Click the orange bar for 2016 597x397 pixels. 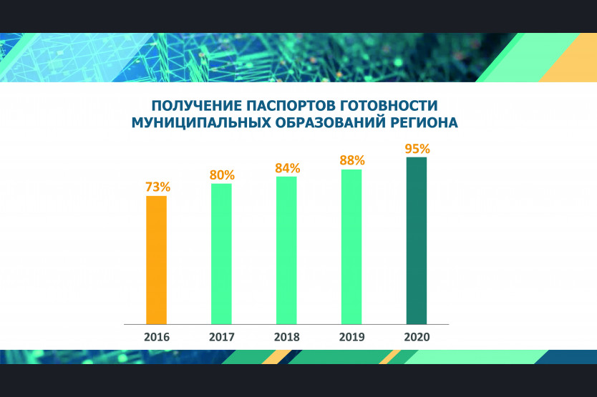click(x=157, y=260)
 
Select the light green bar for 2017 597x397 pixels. click(x=222, y=254)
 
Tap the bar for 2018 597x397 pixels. click(x=287, y=250)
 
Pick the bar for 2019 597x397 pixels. click(x=351, y=247)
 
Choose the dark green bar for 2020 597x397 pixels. click(x=417, y=240)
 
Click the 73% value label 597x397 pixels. click(x=157, y=187)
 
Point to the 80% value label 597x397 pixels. click(x=222, y=175)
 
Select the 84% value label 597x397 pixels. click(x=288, y=168)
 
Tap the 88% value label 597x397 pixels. click(x=352, y=161)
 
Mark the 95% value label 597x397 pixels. click(x=417, y=149)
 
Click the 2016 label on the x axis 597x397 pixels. click(x=157, y=337)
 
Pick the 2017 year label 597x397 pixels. click(x=222, y=337)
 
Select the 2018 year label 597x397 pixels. click(x=287, y=337)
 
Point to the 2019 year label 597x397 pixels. click(x=351, y=337)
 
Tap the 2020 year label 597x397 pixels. click(x=417, y=337)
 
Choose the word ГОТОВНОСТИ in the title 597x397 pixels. click(x=388, y=105)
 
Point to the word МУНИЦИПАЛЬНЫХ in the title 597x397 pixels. click(x=201, y=123)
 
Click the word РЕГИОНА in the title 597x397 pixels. click(x=424, y=123)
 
